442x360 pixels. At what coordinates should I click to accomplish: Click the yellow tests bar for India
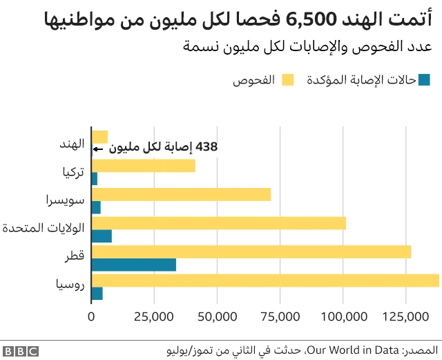point(99,137)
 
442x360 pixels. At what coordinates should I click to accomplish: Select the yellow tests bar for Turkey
point(143,166)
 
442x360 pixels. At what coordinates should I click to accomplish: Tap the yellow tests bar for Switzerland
point(181,194)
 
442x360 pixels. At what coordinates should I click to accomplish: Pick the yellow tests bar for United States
point(218,223)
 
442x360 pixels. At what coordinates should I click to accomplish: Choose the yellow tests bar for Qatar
point(251,252)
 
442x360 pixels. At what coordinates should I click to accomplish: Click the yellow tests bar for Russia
point(265,280)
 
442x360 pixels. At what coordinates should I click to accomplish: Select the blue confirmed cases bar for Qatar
point(133,265)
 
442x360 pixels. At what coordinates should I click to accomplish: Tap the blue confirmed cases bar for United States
point(102,236)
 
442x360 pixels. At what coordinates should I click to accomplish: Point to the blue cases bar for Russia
point(97,293)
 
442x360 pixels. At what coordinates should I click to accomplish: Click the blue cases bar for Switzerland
point(96,207)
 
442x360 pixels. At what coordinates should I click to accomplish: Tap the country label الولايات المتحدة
point(44,228)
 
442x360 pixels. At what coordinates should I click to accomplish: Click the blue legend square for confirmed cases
point(424,80)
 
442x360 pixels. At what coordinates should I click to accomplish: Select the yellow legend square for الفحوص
point(287,80)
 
